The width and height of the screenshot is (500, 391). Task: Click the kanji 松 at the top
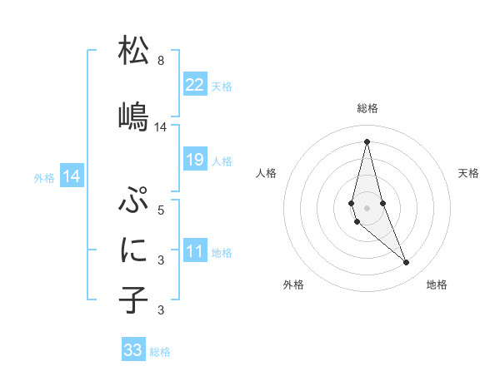[133, 51]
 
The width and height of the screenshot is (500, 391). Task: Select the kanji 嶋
[133, 116]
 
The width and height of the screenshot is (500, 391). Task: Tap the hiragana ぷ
[133, 200]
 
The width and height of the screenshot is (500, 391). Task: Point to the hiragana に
[133, 249]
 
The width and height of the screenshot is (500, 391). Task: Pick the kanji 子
[133, 299]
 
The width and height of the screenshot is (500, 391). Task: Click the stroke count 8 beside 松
[160, 61]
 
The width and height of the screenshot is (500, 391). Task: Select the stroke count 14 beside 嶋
[161, 127]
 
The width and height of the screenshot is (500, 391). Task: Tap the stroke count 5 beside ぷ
[160, 210]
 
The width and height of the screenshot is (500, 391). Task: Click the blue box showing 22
[195, 85]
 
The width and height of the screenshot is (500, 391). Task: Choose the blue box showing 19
[195, 160]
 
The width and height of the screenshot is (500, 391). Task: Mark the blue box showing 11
[195, 252]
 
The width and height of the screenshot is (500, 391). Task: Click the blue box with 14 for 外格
[72, 176]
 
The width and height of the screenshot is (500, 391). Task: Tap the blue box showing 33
[133, 350]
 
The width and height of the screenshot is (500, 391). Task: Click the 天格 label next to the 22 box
[222, 86]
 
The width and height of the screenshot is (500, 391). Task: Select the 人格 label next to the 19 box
[222, 161]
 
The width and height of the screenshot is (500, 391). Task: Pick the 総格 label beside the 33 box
[160, 352]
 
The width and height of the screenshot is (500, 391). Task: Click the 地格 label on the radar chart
[437, 285]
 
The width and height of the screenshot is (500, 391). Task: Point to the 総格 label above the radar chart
[367, 108]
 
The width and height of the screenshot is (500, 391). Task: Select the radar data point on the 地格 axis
[407, 263]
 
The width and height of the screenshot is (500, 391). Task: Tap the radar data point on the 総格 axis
[367, 141]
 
